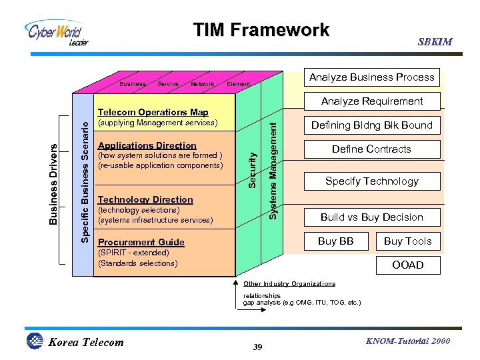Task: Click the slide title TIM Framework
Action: click(x=261, y=30)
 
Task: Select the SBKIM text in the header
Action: click(x=435, y=42)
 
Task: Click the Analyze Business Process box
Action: click(x=372, y=77)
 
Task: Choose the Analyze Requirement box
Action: click(x=372, y=101)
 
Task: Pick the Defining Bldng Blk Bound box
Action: click(x=372, y=125)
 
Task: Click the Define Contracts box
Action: click(x=372, y=149)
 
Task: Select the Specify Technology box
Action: click(x=372, y=181)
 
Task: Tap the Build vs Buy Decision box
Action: click(x=372, y=217)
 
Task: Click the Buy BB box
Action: click(x=336, y=241)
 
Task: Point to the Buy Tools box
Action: click(x=407, y=241)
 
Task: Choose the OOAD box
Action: click(x=407, y=265)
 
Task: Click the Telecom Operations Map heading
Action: click(x=153, y=112)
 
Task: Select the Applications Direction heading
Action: click(x=147, y=145)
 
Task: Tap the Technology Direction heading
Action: click(x=145, y=199)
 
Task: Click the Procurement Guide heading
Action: click(x=141, y=242)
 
